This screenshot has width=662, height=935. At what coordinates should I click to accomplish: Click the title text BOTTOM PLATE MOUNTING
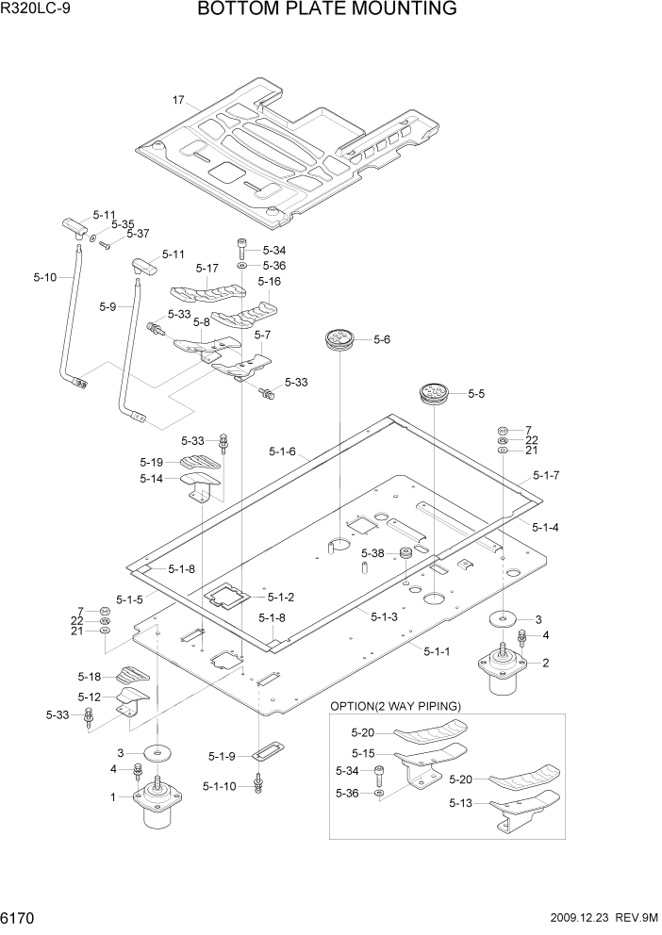(327, 10)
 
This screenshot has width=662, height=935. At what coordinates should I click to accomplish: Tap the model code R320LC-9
(37, 10)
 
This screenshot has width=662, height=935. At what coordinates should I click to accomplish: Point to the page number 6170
(22, 917)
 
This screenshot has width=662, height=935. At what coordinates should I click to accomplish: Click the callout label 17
(177, 100)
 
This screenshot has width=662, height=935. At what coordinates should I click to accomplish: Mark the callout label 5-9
(108, 306)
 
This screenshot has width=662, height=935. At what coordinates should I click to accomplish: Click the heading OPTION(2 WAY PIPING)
(395, 706)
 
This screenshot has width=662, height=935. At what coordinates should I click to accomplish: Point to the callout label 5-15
(364, 753)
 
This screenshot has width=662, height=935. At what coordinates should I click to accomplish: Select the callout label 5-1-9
(223, 755)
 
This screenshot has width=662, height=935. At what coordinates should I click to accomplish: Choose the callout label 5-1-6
(281, 451)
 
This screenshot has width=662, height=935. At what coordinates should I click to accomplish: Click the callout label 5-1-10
(221, 785)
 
